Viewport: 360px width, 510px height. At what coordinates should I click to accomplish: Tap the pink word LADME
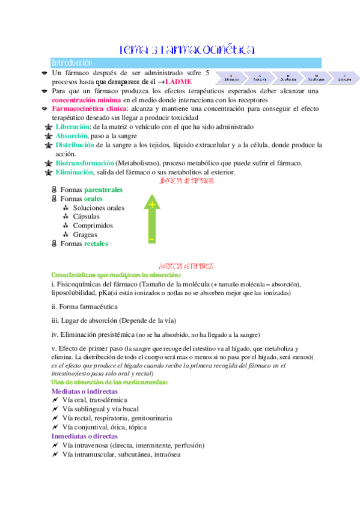tap(180, 81)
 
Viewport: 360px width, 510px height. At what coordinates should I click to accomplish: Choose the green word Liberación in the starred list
tap(73, 127)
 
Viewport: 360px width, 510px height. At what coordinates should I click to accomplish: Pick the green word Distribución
tap(75, 145)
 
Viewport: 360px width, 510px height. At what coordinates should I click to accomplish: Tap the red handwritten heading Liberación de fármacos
tap(186, 181)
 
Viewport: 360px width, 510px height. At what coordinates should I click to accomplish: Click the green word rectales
tap(96, 244)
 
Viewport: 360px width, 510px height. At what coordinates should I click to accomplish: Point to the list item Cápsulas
tap(87, 217)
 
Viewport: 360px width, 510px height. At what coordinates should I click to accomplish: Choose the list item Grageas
tap(85, 235)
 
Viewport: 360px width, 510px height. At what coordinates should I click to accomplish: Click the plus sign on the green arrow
tap(152, 204)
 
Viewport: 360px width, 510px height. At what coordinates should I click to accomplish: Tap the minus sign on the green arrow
tap(152, 239)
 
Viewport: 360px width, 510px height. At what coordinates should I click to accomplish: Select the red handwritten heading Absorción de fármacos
tap(186, 265)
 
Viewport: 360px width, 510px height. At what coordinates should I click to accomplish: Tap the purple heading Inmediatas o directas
tap(85, 436)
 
